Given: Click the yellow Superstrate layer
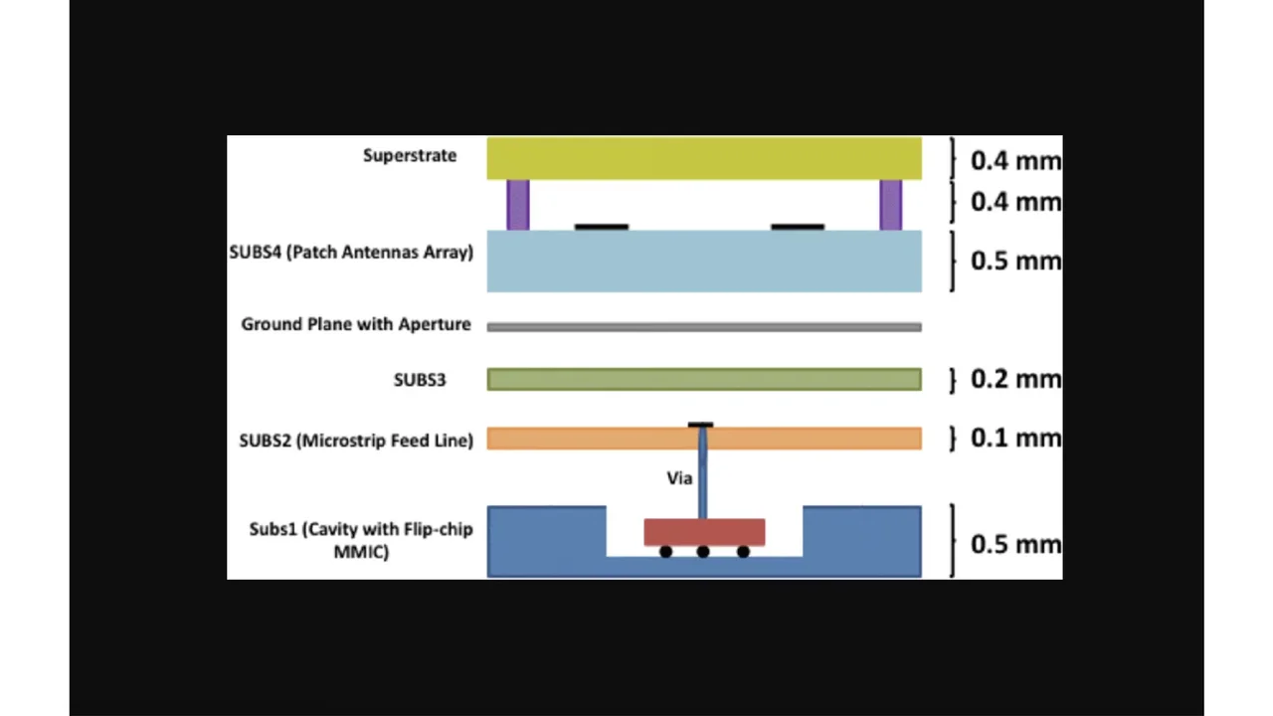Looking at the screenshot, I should [704, 159].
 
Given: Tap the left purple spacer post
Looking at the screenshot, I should [518, 205].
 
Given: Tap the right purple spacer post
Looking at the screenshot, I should [890, 205].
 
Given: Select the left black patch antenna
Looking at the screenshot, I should [602, 228].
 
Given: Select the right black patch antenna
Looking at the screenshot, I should [798, 228].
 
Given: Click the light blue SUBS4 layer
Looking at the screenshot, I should [704, 262].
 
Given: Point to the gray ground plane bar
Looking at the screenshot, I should [704, 326].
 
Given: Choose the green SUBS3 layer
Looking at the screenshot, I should [704, 379].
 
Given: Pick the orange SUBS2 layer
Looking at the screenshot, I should [597, 439].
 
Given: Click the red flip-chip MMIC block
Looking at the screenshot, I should [704, 532].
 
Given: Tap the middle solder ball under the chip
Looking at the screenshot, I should [703, 552].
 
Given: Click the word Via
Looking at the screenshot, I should [679, 478].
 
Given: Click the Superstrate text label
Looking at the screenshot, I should [410, 155].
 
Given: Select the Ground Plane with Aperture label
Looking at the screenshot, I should [355, 324].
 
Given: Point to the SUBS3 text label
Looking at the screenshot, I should [420, 379].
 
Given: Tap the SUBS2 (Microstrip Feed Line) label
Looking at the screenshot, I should [356, 440].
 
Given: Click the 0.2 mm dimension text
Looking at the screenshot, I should [1014, 379].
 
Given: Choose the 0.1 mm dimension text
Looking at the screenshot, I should [1014, 438].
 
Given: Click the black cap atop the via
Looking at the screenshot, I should [700, 426].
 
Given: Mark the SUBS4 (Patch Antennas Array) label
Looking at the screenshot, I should [351, 252].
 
